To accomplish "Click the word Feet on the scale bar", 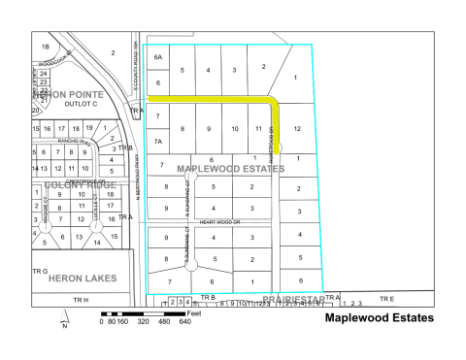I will [x=194, y=313].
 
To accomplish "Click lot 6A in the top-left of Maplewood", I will [x=158, y=57].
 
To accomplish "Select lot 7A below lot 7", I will [x=157, y=141].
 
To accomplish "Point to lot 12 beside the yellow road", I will [x=297, y=128].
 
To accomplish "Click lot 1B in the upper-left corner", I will [x=44, y=47].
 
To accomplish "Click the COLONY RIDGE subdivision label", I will [x=68, y=184].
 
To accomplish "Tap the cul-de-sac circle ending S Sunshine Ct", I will [x=192, y=261].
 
